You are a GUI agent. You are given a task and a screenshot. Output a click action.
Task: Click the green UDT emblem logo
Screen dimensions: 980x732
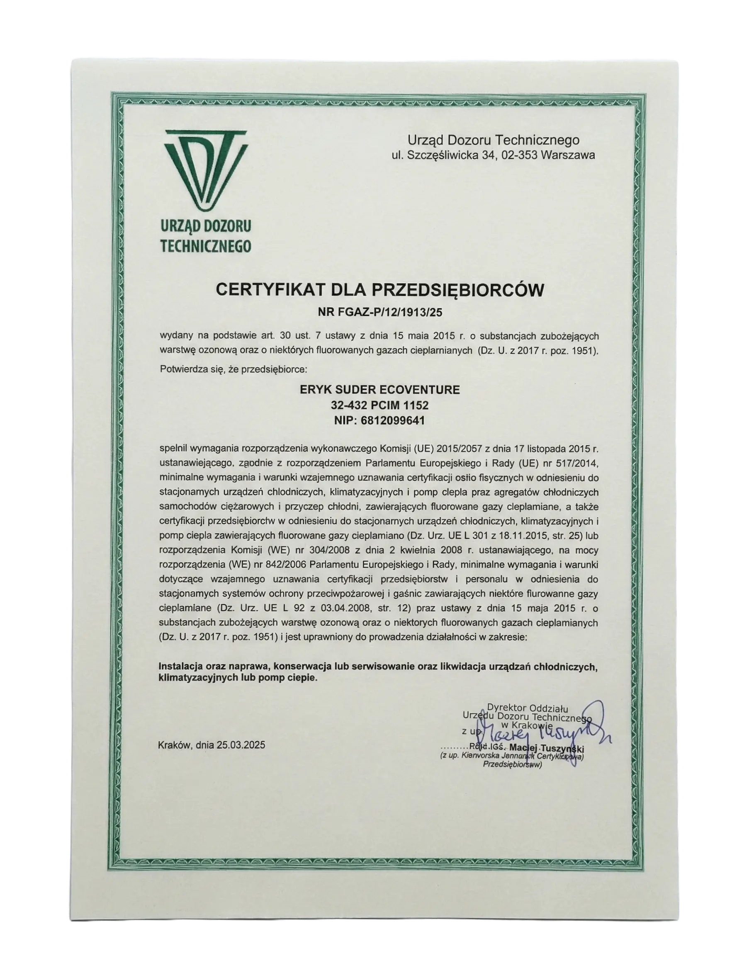click(x=206, y=170)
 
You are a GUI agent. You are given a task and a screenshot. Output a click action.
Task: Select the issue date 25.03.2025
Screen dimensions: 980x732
click(x=241, y=745)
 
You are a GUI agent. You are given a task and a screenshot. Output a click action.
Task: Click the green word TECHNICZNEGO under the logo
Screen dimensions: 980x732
click(x=206, y=246)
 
